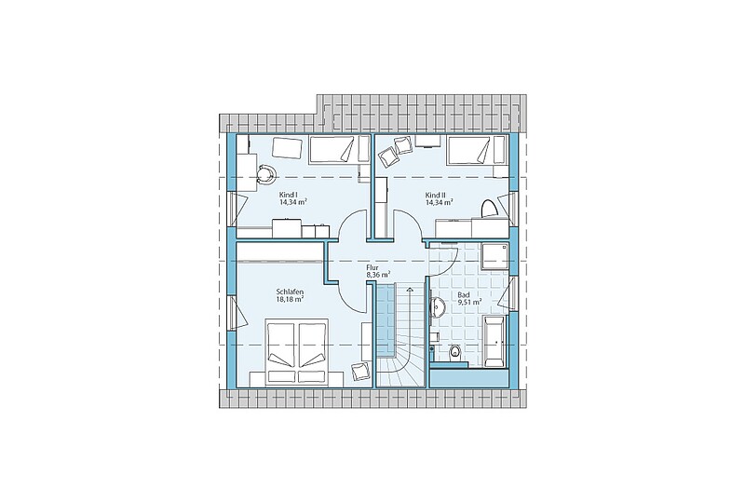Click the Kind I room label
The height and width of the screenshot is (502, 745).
pyautogui.click(x=289, y=195)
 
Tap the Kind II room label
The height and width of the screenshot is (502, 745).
pyautogui.click(x=436, y=195)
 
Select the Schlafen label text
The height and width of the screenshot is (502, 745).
pyautogui.click(x=290, y=292)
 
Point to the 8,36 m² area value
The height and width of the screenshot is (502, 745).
pyautogui.click(x=378, y=275)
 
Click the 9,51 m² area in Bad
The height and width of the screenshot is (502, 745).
pyautogui.click(x=470, y=301)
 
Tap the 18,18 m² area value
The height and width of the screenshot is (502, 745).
pyautogui.click(x=290, y=299)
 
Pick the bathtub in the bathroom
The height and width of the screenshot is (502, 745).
pyautogui.click(x=494, y=340)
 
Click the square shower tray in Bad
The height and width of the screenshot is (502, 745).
pyautogui.click(x=495, y=257)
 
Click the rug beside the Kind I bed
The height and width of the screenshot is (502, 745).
pyautogui.click(x=288, y=148)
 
